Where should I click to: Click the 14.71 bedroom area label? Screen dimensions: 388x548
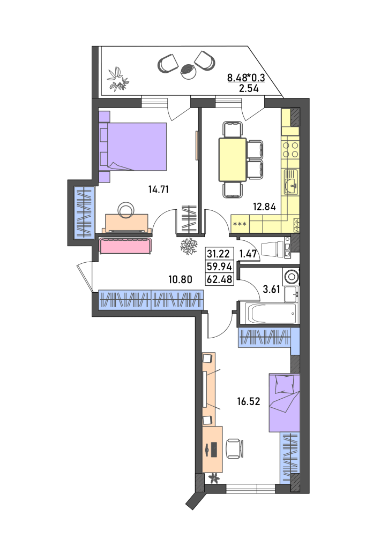click(x=159, y=189)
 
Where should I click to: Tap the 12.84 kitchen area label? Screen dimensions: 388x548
click(x=264, y=207)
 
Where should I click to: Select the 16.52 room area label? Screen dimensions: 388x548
click(x=249, y=401)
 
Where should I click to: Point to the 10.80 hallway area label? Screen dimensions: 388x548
click(x=180, y=279)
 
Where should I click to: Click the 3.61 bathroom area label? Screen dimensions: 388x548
click(x=272, y=289)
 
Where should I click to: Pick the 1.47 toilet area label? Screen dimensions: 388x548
click(x=248, y=254)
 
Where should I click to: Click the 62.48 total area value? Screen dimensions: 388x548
click(x=220, y=279)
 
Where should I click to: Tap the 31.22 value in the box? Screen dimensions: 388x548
click(x=218, y=254)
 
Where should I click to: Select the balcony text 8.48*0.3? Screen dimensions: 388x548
click(x=246, y=77)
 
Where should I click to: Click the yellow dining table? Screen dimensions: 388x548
click(x=233, y=159)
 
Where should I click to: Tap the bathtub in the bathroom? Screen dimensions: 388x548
click(x=272, y=314)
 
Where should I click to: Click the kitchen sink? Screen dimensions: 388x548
click(x=290, y=182)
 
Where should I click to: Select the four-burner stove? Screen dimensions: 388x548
click(x=290, y=150)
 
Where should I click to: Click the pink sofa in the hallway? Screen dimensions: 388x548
click(x=126, y=245)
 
